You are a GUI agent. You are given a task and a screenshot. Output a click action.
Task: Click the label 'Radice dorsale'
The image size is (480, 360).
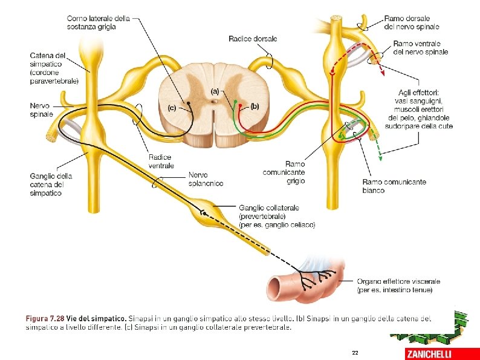pos(253,39)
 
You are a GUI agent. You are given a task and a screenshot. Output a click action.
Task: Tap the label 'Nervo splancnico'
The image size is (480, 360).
pos(206,179)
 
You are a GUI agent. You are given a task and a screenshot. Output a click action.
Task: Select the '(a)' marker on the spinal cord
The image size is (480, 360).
pos(215,91)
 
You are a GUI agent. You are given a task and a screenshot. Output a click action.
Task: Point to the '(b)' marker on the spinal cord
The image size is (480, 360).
pos(254,106)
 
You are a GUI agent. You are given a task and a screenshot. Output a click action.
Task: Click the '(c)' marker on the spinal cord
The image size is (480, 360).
pos(172,108)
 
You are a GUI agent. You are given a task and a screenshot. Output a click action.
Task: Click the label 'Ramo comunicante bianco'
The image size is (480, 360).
pos(394,186)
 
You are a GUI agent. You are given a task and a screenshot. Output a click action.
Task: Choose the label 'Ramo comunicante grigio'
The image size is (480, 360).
pos(284,172)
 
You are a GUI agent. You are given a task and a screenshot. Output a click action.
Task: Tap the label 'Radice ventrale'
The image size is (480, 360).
pos(161,162)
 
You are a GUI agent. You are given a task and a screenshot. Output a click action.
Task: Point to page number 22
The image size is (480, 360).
pos(354,353)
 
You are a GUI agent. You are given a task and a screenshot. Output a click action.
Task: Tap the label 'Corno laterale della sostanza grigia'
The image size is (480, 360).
pos(99,22)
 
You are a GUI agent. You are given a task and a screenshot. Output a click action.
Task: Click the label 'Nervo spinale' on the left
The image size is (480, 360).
pos(41,110)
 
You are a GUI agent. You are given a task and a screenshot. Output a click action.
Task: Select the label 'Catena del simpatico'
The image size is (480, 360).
pos(54,68)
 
